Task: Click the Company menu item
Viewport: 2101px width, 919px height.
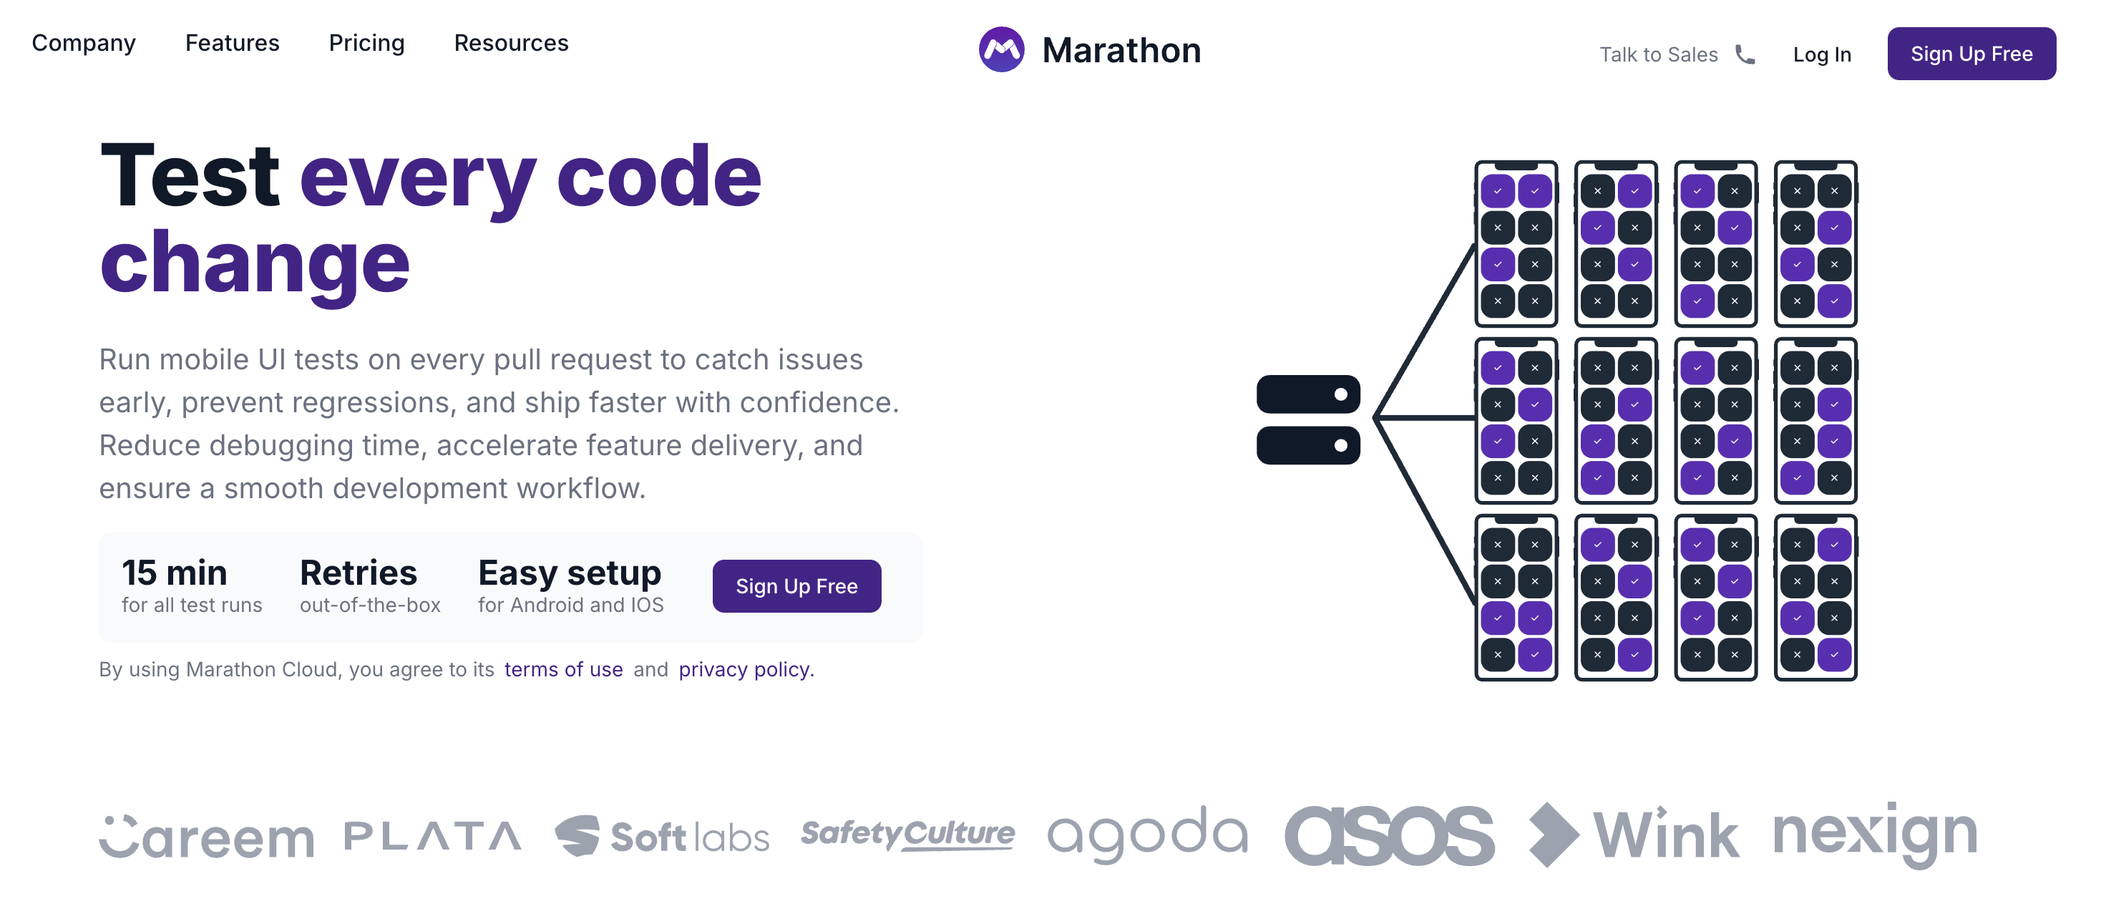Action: point(83,42)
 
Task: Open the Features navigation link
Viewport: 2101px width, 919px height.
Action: point(232,42)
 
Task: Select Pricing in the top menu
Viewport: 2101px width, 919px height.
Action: point(366,42)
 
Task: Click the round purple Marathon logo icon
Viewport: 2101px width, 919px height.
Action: point(1000,49)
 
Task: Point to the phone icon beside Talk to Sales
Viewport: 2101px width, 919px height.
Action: point(1745,54)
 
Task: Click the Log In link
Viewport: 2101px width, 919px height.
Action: point(1821,54)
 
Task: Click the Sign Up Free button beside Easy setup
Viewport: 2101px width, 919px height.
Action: point(796,585)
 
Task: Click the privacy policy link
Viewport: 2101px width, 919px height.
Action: point(746,668)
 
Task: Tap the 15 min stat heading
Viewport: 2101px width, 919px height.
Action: point(174,573)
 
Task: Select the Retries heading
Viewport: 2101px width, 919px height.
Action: point(358,573)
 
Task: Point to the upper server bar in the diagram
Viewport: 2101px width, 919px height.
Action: point(1307,394)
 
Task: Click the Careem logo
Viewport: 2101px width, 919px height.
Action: point(206,837)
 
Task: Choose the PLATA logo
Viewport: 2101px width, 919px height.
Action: point(432,836)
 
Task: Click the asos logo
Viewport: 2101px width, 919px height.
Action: point(1389,835)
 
